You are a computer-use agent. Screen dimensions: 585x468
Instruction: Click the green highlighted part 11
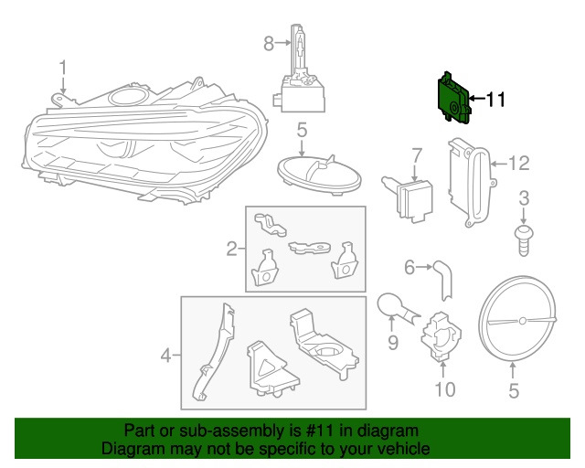pos(453,97)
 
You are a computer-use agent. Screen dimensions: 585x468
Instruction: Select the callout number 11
pos(495,100)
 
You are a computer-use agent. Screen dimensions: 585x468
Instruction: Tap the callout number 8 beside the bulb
pos(269,43)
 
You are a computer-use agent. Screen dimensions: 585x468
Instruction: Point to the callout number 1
pos(63,69)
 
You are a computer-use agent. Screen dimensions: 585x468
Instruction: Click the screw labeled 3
pos(524,240)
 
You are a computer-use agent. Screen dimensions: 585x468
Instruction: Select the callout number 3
pos(524,198)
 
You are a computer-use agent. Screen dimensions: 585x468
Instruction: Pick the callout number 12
pos(519,164)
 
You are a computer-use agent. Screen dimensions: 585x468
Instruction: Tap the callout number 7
pos(417,156)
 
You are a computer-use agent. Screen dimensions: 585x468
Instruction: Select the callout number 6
pos(409,268)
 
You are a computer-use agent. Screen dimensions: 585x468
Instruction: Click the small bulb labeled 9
pos(397,307)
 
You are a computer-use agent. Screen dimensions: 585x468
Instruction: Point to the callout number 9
pos(392,342)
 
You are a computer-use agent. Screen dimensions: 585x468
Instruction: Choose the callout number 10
pos(445,389)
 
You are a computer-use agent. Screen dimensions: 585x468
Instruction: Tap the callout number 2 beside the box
pos(231,249)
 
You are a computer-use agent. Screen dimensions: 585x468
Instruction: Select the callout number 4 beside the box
pos(165,356)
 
